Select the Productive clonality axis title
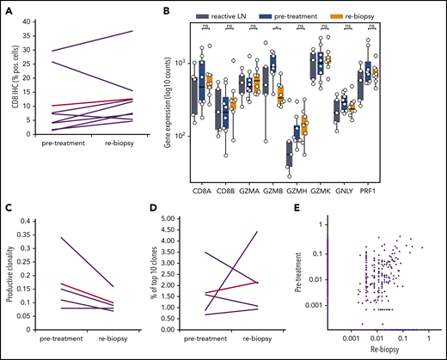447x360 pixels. pos(9,275)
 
